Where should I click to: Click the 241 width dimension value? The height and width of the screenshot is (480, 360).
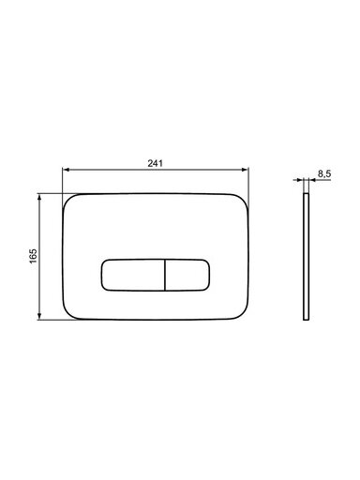pyautogui.click(x=156, y=163)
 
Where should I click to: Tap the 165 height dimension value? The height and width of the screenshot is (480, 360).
pyautogui.click(x=33, y=256)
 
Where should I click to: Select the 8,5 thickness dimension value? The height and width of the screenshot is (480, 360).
pyautogui.click(x=324, y=173)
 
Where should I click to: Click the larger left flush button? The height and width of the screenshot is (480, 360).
pyautogui.click(x=133, y=275)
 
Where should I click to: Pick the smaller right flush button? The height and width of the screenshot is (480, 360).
pyautogui.click(x=187, y=275)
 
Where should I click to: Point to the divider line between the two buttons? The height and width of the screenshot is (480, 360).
pyautogui.click(x=165, y=275)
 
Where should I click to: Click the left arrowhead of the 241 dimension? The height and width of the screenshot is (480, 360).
pyautogui.click(x=66, y=170)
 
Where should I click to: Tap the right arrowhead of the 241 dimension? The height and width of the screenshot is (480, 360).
pyautogui.click(x=246, y=170)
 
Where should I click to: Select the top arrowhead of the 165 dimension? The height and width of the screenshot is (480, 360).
pyautogui.click(x=39, y=197)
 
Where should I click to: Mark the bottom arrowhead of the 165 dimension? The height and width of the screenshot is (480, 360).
pyautogui.click(x=39, y=316)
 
